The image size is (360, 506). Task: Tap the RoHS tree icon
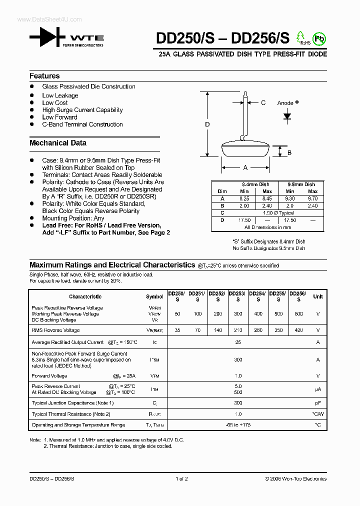coord(300,37)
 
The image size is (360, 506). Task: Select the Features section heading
coord(44,76)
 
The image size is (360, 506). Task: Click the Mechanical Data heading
coord(58,143)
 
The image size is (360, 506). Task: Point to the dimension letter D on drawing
coord(207,124)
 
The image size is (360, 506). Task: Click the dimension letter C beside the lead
coord(263,103)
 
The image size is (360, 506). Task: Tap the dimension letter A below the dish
coord(245,168)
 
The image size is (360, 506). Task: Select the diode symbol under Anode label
coord(287,116)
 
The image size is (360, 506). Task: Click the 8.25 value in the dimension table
coord(244,198)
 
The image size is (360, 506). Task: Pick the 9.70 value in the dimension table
coord(312,198)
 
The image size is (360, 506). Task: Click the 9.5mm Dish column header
coord(301,184)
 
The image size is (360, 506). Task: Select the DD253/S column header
coord(238,296)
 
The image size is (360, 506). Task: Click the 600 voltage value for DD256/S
coord(298,313)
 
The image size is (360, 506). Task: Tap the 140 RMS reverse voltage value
coord(217,330)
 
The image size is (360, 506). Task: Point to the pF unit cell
coord(317,403)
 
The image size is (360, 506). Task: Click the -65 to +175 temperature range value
coord(238,425)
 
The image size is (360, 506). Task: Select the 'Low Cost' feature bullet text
coord(55,102)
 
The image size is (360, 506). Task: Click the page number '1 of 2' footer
coord(181,478)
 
